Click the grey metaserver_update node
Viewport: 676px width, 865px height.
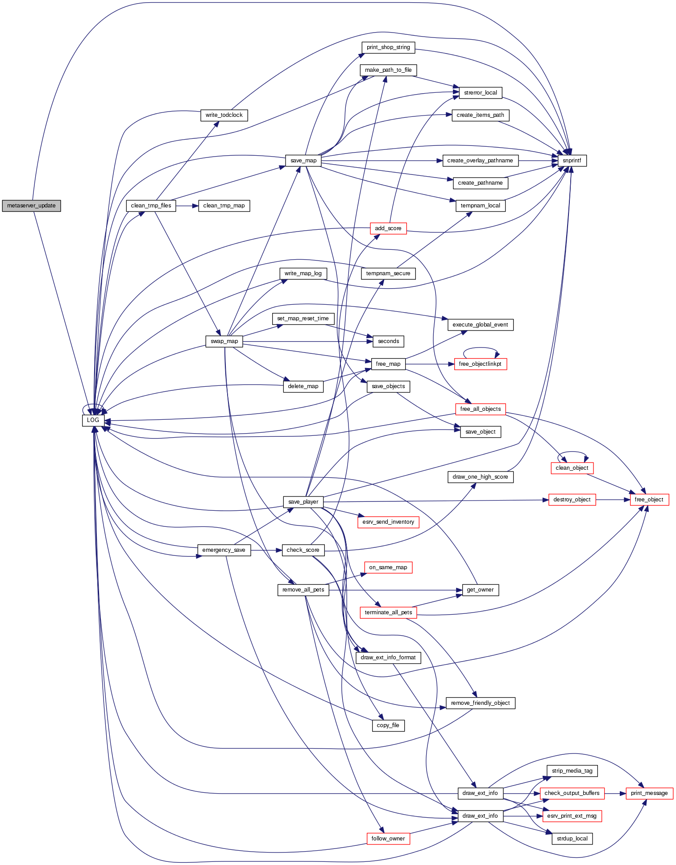(31, 206)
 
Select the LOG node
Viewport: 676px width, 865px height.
(93, 420)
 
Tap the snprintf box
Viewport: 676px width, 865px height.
(572, 161)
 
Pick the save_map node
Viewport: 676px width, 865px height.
(303, 161)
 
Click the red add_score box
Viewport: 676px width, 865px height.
(388, 228)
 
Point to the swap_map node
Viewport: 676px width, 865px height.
(224, 341)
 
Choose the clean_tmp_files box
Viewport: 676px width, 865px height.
(151, 206)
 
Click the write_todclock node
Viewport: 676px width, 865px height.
(224, 115)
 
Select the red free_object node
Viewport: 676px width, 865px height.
(649, 500)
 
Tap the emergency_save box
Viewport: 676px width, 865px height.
(224, 550)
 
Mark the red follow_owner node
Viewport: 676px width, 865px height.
(388, 839)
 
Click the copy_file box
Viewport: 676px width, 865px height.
(388, 725)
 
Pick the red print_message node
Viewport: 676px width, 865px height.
(649, 793)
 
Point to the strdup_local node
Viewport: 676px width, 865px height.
(572, 839)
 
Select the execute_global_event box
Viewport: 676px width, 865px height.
(481, 325)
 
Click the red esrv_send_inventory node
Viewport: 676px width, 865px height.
(388, 522)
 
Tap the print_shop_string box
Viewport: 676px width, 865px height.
(388, 47)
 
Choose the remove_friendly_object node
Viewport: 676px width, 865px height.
(481, 703)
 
